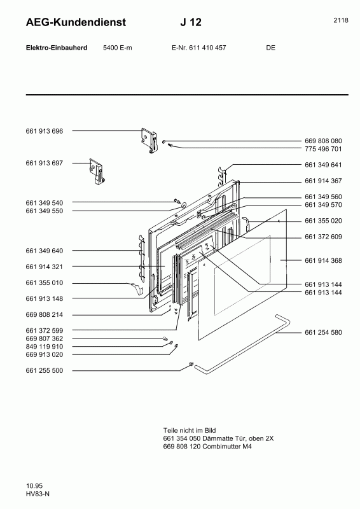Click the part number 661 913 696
[45, 131]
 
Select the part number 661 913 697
[45, 164]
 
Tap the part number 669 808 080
[323, 141]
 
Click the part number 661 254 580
[323, 333]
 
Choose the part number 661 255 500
[45, 370]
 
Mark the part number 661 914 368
[323, 260]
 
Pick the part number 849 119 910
[45, 347]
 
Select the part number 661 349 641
[323, 164]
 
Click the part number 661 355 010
[45, 282]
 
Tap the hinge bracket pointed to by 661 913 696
[149, 139]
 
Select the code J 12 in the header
[191, 23]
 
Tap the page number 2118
[340, 20]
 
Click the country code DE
[270, 48]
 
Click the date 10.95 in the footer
[34, 485]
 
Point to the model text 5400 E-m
[117, 48]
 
